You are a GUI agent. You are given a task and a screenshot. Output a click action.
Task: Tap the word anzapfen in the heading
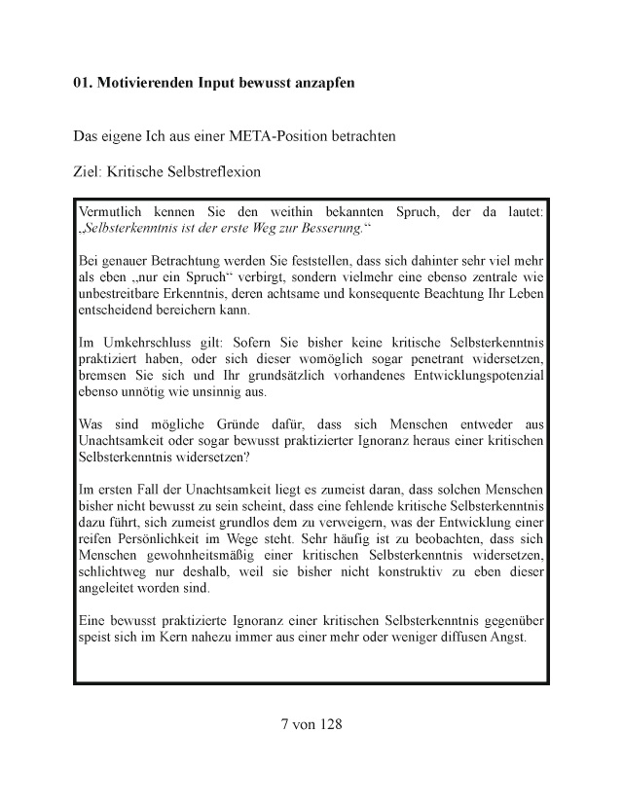pyautogui.click(x=322, y=83)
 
